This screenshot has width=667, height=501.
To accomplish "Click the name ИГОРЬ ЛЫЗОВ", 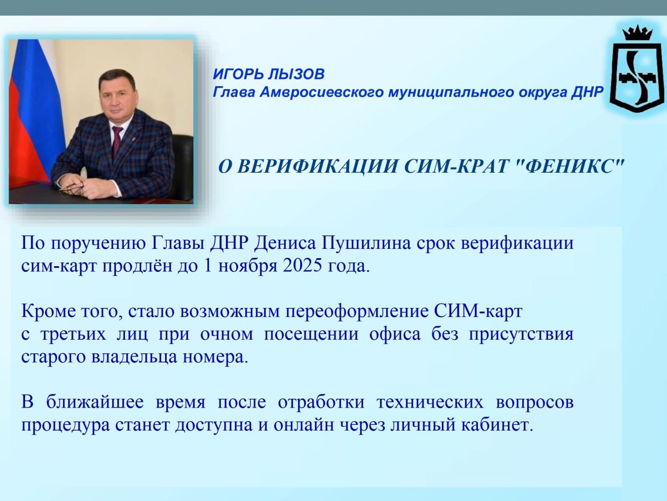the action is [268, 74].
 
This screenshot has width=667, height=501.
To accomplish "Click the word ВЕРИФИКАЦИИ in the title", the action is [317, 166].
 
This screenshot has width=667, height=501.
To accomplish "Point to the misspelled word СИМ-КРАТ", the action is [456, 166].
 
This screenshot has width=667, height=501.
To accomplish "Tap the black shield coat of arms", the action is [637, 77].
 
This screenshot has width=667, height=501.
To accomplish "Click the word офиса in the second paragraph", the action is [395, 334].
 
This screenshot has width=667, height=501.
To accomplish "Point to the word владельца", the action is [134, 357].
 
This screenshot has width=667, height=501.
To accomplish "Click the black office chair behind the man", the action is [182, 164].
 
